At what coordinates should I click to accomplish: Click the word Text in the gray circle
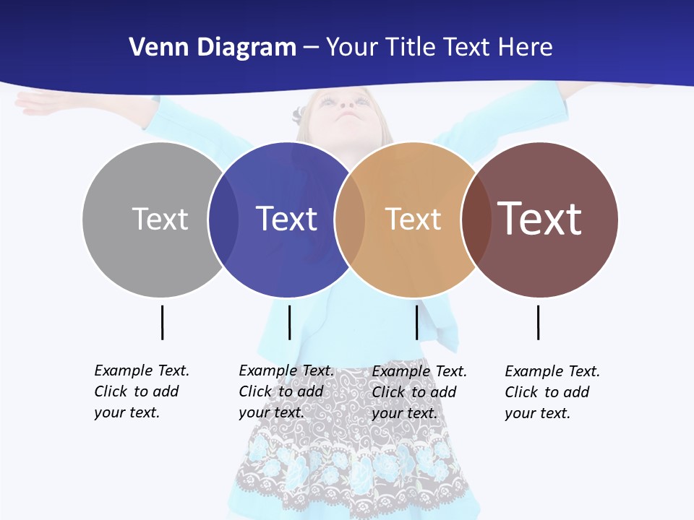click(160, 219)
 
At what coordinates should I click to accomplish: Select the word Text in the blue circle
click(286, 219)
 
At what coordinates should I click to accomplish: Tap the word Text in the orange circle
click(413, 219)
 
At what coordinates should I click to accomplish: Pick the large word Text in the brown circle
click(539, 218)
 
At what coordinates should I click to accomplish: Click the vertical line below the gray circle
click(162, 322)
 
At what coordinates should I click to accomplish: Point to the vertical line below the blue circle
click(289, 322)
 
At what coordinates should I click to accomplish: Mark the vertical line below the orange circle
click(416, 322)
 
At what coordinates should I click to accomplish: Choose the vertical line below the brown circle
click(538, 322)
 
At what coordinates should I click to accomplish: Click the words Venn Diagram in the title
click(213, 48)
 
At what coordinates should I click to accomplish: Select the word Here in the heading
click(526, 48)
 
